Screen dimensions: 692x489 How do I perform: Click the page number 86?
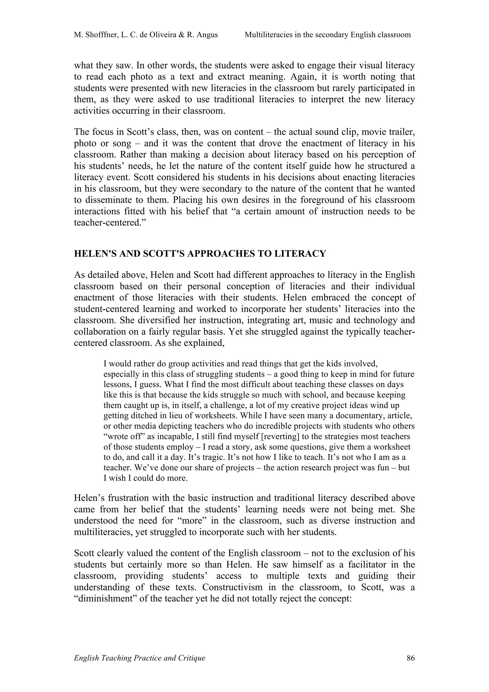coord(410,658)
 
